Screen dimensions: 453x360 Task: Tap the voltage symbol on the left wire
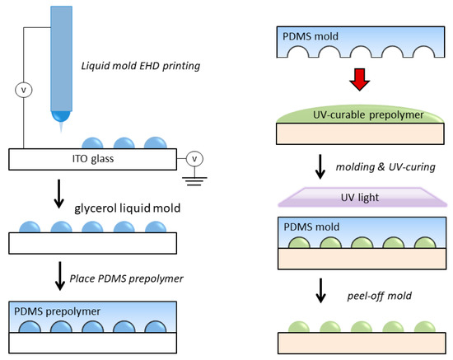point(24,90)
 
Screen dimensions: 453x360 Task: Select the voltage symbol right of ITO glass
point(194,159)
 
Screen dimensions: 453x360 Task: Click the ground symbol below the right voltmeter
point(194,181)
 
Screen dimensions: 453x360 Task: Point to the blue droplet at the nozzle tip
point(61,116)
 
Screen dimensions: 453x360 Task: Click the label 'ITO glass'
point(93,159)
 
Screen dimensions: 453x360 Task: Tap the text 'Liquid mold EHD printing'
point(141,66)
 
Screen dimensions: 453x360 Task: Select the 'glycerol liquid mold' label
point(128,208)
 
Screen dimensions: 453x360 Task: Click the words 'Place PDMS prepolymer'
point(127,278)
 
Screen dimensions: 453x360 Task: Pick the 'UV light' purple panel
point(362,198)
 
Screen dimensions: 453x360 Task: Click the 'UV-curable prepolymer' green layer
point(360,115)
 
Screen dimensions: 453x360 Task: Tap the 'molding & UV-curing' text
point(385,167)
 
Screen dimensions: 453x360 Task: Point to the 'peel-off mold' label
point(380,296)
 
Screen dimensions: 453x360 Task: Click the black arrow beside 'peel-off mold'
point(320,291)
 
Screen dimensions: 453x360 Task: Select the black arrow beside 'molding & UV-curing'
point(320,166)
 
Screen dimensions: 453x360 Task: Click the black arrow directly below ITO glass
point(59,194)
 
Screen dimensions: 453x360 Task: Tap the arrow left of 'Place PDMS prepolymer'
point(60,276)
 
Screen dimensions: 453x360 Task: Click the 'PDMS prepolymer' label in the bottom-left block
point(57,311)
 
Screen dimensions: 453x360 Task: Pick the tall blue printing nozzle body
point(61,58)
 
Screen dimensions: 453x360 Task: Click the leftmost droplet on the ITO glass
point(92,143)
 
